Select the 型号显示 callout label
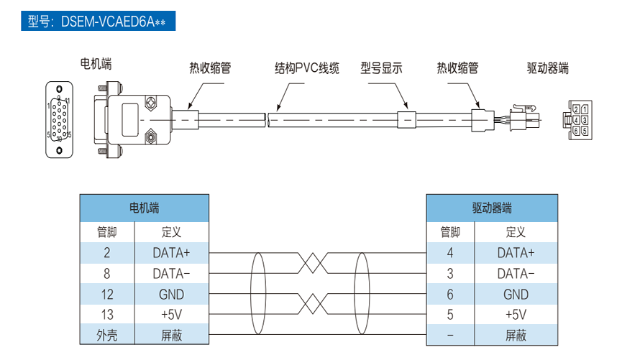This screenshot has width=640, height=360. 381,68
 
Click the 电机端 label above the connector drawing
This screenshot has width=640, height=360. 96,65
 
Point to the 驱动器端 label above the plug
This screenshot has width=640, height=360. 548,68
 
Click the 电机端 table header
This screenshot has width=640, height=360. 144,208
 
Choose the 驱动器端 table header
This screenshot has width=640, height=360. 492,208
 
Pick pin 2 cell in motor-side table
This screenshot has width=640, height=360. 107,253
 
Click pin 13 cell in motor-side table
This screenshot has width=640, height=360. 107,315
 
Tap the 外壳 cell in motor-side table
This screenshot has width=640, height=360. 107,335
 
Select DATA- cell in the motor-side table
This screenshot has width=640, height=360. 171,274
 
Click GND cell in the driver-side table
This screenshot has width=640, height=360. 516,295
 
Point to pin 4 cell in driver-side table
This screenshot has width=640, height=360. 450,253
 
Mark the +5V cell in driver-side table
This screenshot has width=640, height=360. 516,315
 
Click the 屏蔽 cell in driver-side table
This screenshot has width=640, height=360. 516,335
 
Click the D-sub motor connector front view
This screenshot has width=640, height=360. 59,119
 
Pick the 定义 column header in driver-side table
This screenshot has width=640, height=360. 516,232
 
